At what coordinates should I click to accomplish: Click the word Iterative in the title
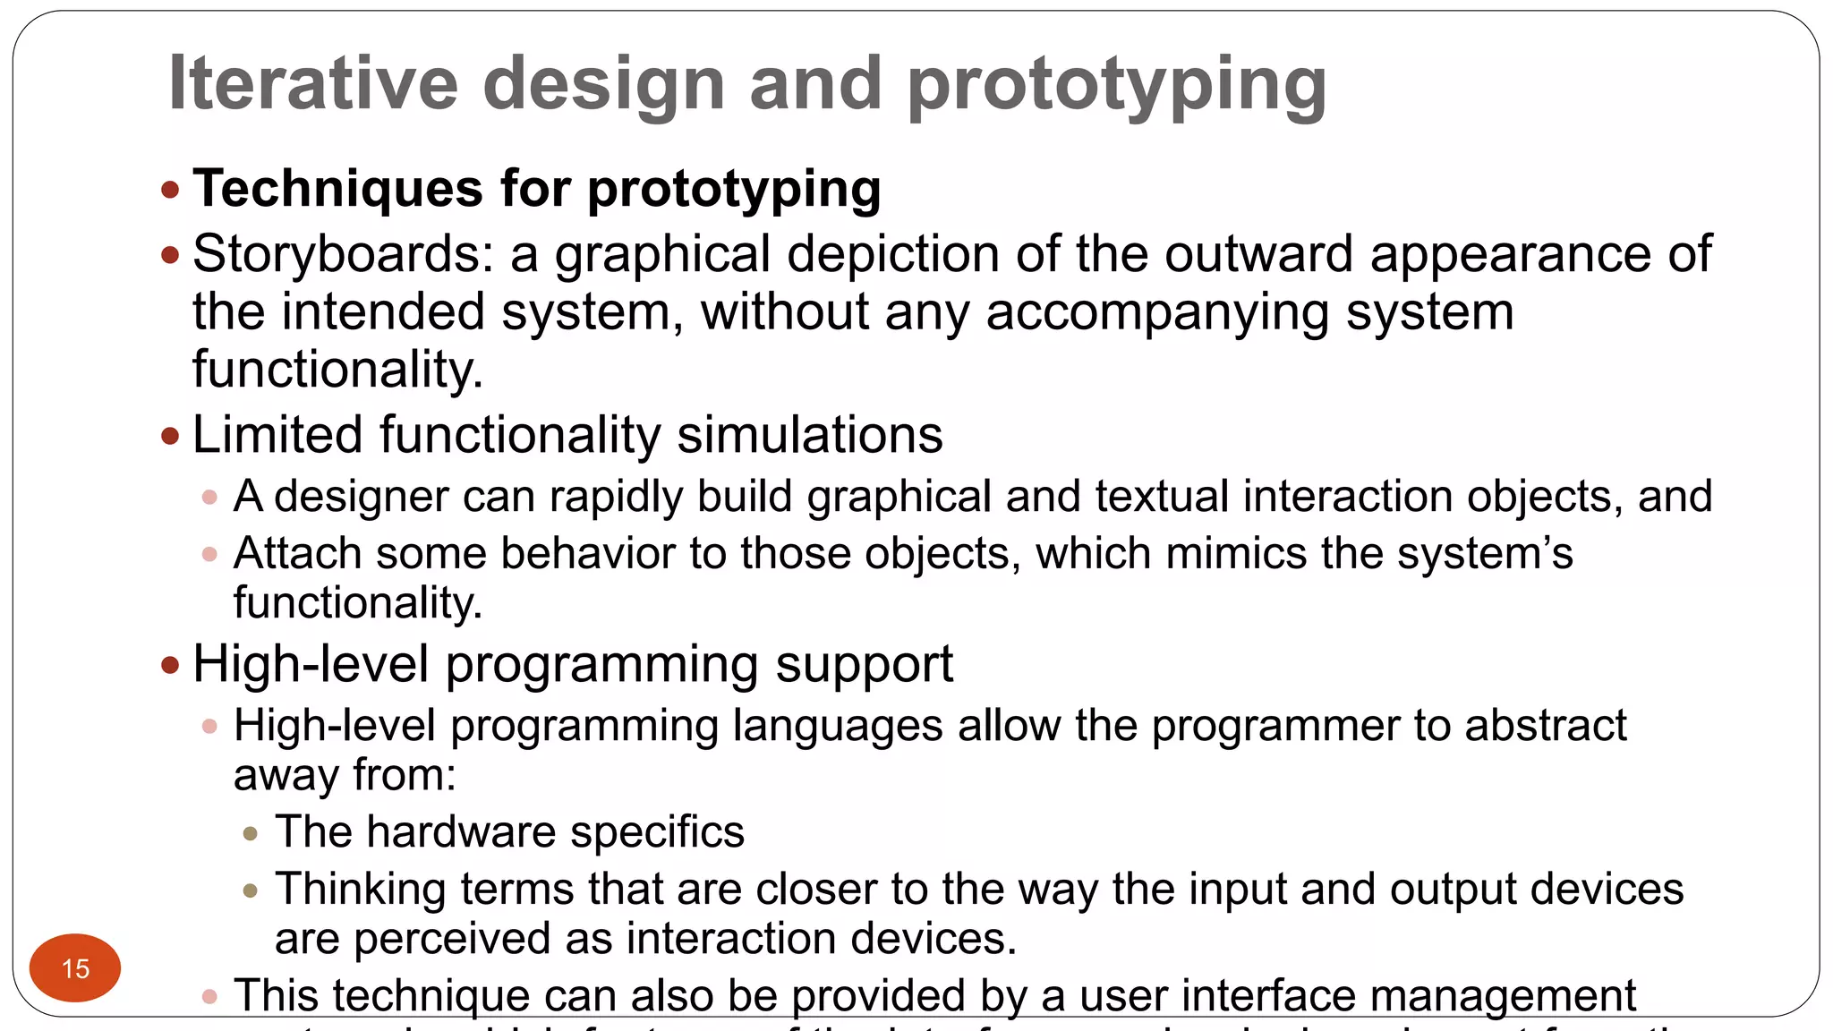pos(313,83)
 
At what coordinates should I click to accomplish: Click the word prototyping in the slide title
pos(1116,85)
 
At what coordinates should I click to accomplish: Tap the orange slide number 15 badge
pos(75,967)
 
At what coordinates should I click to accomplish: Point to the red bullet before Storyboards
pos(170,256)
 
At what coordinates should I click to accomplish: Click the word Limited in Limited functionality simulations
pos(277,435)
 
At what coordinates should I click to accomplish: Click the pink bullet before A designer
pos(210,497)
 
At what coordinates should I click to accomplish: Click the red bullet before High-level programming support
pos(170,665)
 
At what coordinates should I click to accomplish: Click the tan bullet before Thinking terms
pos(251,890)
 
